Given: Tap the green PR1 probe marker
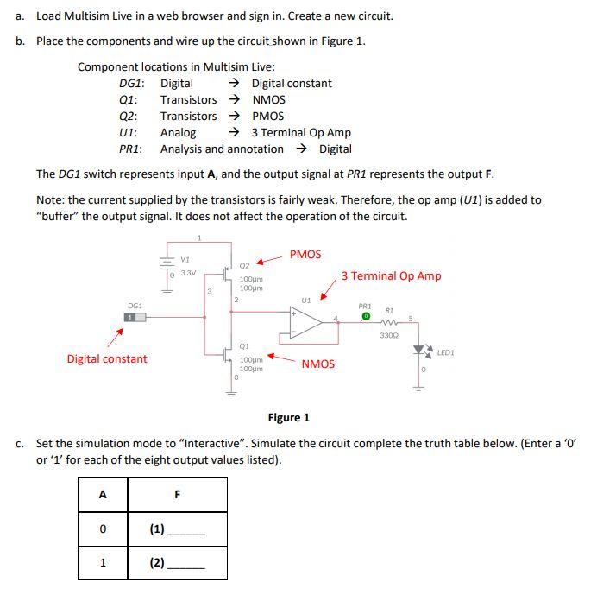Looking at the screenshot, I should pyautogui.click(x=365, y=317).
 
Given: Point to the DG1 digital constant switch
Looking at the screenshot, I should pyautogui.click(x=134, y=318).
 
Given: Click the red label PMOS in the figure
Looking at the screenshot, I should pyautogui.click(x=305, y=254).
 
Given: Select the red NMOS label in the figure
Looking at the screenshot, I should pyautogui.click(x=317, y=364).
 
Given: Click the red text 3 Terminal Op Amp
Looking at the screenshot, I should pyautogui.click(x=391, y=276).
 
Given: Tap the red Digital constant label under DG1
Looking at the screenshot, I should pyautogui.click(x=107, y=358).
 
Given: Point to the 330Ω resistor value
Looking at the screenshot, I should pyautogui.click(x=388, y=335).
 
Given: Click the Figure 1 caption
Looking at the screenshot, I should pyautogui.click(x=289, y=418).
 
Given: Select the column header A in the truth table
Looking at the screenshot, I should pyautogui.click(x=103, y=495).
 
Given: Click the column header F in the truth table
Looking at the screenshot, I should pyautogui.click(x=178, y=495).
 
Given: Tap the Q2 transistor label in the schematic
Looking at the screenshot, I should pyautogui.click(x=244, y=266).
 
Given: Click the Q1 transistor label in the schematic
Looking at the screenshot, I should pyautogui.click(x=244, y=345).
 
